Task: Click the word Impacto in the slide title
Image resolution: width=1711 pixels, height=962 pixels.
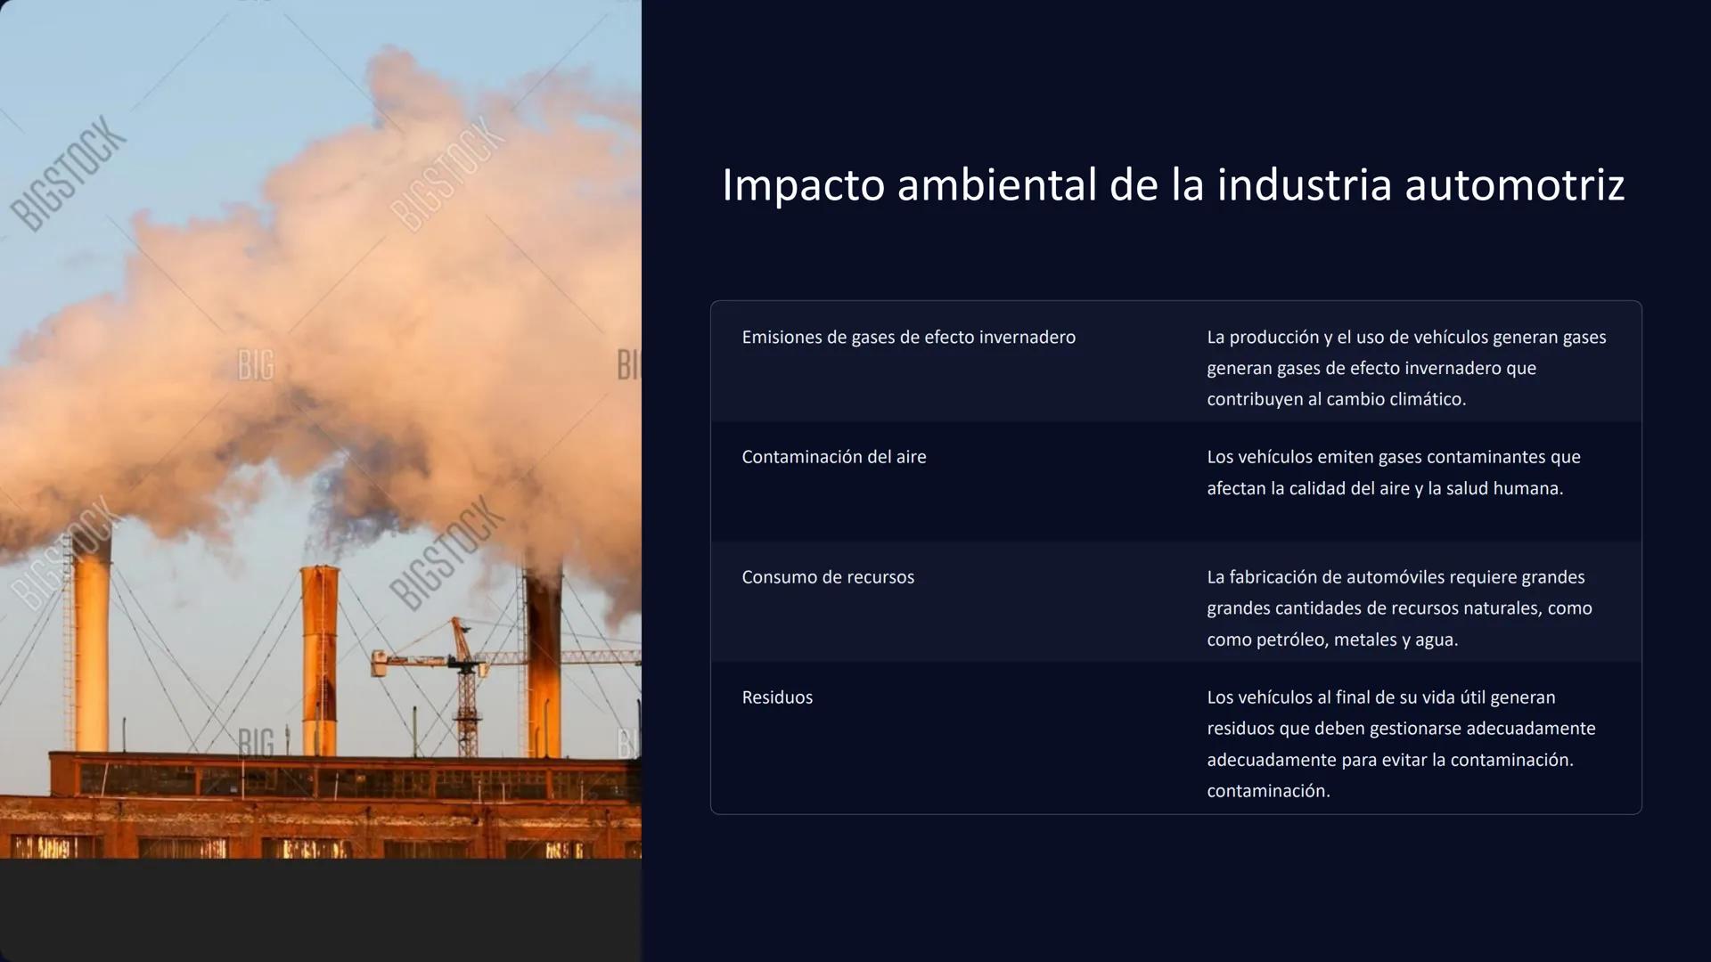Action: pos(803,186)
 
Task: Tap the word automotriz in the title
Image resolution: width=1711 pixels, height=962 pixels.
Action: pos(1515,185)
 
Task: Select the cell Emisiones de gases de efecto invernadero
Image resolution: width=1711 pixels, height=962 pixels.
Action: pos(908,338)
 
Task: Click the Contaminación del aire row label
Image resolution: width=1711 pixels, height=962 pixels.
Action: pos(833,457)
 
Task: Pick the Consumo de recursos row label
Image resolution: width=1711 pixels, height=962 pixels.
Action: pos(828,577)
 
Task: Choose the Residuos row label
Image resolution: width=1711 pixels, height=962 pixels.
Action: pos(777,697)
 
